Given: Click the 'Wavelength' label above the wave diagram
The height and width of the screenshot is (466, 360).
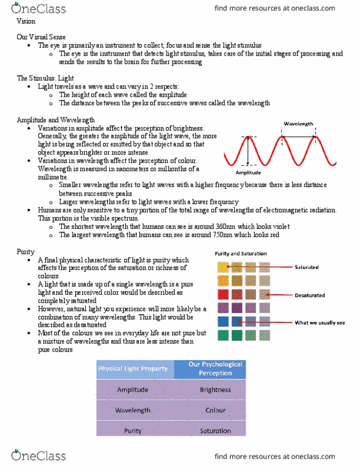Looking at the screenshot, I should (x=298, y=123).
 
